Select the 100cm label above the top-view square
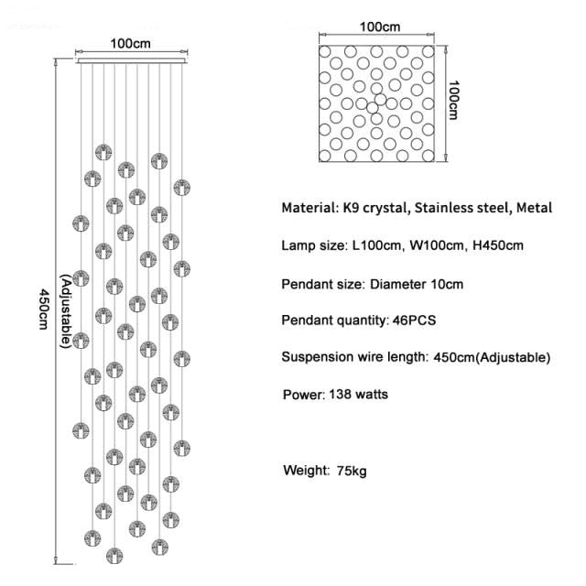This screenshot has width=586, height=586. click(x=379, y=27)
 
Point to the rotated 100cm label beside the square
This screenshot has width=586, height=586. click(x=453, y=99)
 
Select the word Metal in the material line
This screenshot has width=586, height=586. click(x=534, y=209)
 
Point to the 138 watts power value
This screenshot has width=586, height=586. click(x=358, y=396)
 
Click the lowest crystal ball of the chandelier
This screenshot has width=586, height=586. click(x=114, y=555)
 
